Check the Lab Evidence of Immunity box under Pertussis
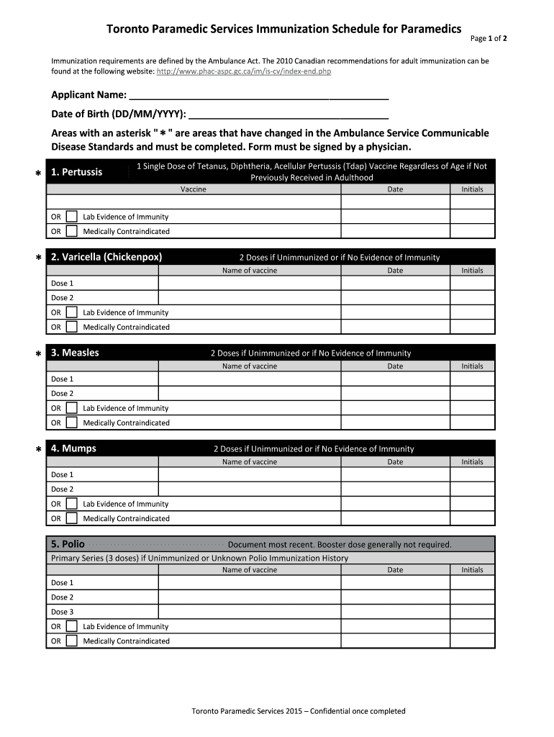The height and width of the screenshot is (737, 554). point(72,217)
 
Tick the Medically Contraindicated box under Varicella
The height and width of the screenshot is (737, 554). point(72,327)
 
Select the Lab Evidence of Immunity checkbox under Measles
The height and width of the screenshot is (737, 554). point(72,408)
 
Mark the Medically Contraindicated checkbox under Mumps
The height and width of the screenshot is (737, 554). point(72,518)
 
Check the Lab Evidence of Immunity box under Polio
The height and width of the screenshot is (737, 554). point(72,626)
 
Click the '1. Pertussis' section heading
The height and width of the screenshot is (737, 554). point(76,172)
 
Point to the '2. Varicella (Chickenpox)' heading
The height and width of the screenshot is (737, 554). point(106,257)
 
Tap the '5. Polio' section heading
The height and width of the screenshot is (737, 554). point(68,544)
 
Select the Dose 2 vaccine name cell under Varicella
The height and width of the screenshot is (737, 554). point(249,297)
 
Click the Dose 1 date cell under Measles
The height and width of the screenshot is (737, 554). point(395,379)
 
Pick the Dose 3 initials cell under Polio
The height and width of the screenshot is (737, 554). point(472,612)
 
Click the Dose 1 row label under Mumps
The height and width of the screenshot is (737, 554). point(63,475)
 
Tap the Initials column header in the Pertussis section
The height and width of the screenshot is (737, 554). point(472,189)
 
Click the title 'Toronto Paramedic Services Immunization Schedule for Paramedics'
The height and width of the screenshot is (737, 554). point(284,30)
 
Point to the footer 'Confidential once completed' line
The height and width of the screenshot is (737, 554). point(298,711)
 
